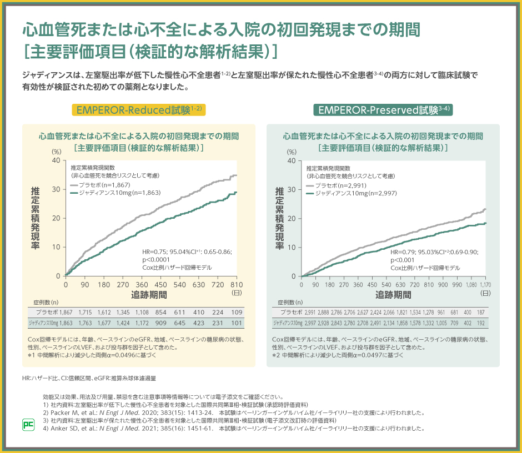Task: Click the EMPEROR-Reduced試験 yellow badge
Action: click(139, 109)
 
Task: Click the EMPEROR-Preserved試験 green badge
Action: click(383, 109)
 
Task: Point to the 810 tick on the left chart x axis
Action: click(237, 284)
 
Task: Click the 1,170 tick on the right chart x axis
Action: click(486, 284)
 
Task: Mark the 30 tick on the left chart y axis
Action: click(56, 189)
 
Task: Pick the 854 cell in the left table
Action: click(160, 313)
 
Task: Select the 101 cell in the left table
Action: click(237, 323)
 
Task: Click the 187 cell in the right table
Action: click(481, 313)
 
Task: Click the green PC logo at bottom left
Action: click(28, 424)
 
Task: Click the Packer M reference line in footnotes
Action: click(233, 413)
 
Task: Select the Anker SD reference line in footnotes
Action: click(233, 428)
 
